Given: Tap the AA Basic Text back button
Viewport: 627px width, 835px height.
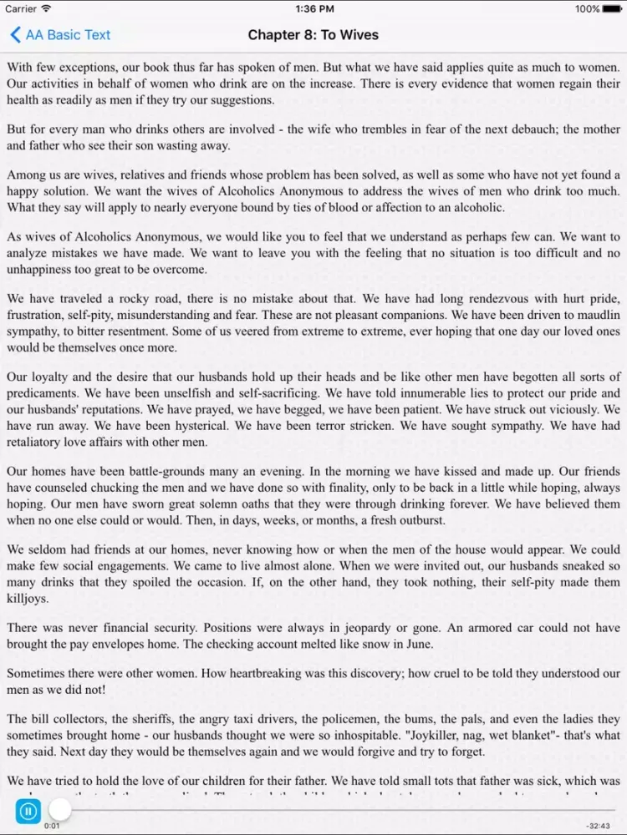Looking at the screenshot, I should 60,35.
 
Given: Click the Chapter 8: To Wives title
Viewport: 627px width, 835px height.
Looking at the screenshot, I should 313,35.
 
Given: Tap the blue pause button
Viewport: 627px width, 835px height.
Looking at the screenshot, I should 28,810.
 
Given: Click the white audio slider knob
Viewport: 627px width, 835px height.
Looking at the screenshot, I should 60,809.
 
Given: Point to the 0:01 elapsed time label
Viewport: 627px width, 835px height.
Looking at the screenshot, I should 52,826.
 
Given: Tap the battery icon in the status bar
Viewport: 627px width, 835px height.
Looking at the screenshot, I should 613,9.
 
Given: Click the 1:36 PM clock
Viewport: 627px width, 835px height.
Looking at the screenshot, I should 313,9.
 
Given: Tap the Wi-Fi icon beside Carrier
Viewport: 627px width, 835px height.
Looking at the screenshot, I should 46,9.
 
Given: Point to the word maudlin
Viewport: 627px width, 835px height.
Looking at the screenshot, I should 598,316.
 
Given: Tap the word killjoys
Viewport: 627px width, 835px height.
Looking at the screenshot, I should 28,599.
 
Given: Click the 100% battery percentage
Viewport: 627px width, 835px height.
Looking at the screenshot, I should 587,9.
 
